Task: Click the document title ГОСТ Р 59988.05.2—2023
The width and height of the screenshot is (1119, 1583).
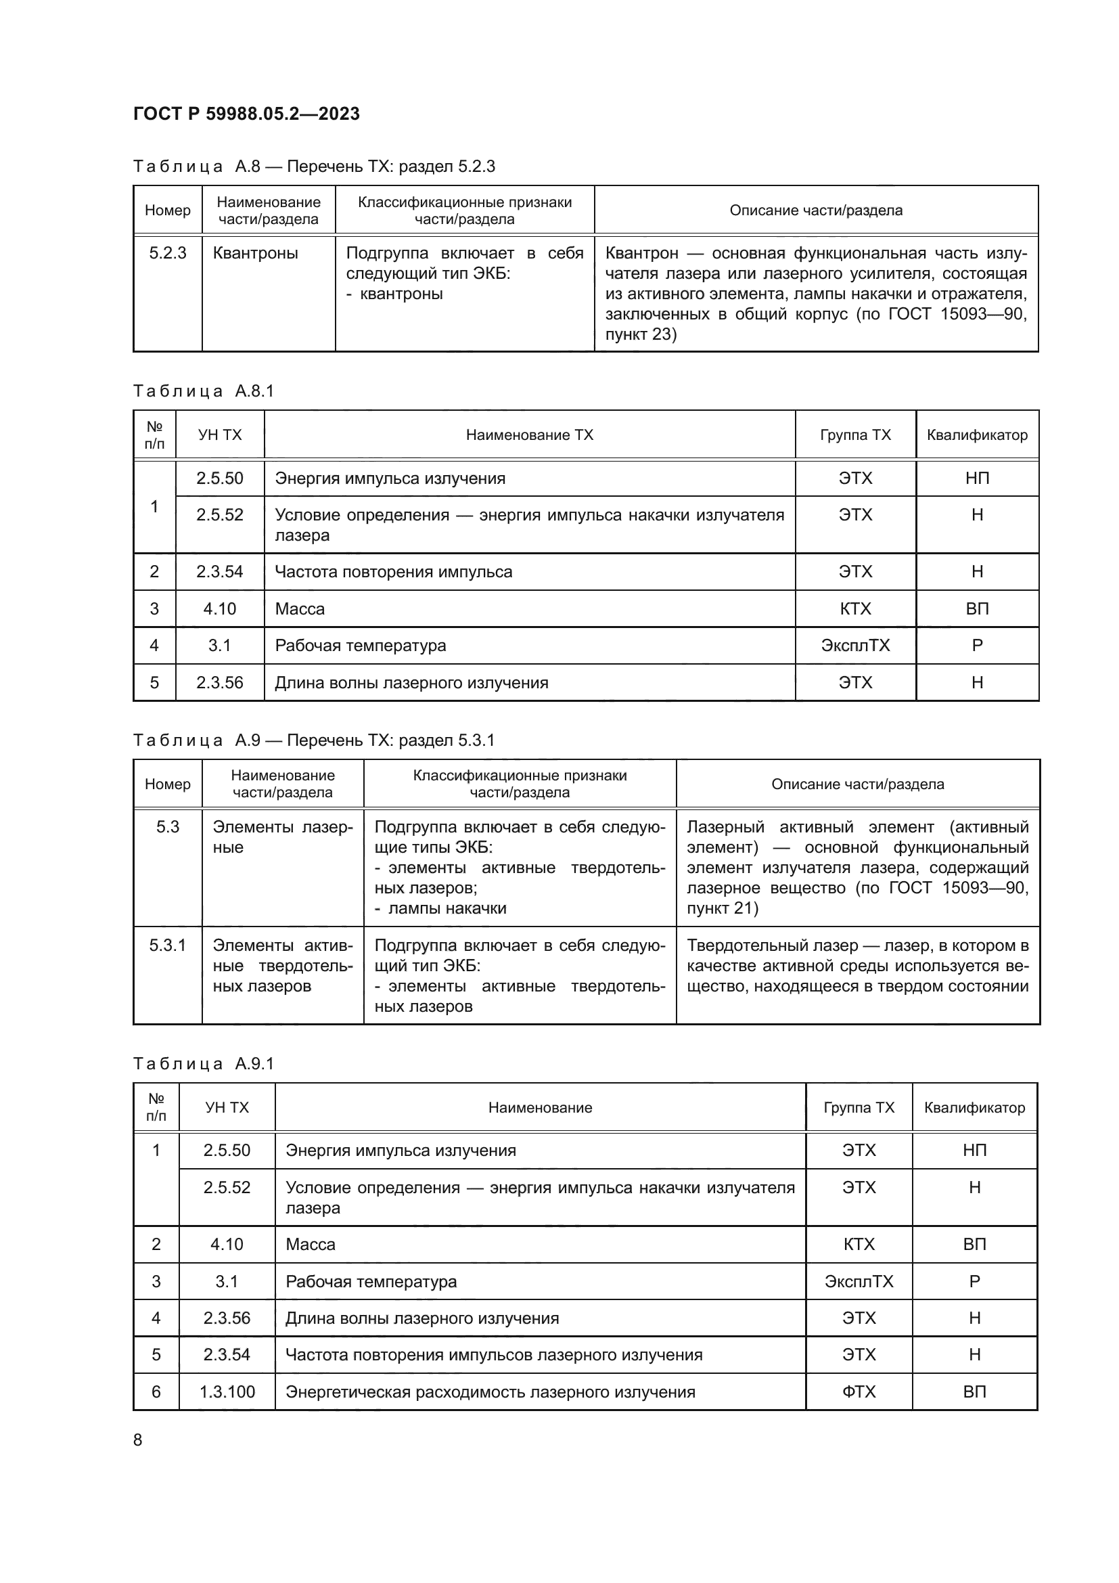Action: [x=246, y=114]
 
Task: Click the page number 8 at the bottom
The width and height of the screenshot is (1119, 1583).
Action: [x=138, y=1440]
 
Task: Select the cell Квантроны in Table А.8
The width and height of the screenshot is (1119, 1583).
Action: [x=255, y=253]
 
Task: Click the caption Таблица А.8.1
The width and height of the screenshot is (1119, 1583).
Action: [x=203, y=391]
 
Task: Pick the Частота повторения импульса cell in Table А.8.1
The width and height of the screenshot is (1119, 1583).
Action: [x=394, y=572]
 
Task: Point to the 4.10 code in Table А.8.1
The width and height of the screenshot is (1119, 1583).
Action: [x=219, y=609]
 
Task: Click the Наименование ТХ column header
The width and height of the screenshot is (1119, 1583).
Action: [x=529, y=435]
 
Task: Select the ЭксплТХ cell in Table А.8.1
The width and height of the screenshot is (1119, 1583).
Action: [x=855, y=646]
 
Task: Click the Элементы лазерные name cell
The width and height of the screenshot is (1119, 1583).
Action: [x=283, y=837]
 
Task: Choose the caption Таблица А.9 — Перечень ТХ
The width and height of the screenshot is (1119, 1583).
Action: [x=313, y=740]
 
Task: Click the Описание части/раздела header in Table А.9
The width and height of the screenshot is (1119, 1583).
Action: [x=857, y=784]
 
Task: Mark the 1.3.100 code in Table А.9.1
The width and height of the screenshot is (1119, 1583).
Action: [x=227, y=1391]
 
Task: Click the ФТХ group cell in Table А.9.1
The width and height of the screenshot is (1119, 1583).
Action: [x=859, y=1391]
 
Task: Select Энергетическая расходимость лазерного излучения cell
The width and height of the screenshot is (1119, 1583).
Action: [x=490, y=1391]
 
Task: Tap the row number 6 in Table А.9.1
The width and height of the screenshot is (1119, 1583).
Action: [x=156, y=1391]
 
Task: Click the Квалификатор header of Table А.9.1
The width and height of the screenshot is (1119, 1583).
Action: [x=974, y=1107]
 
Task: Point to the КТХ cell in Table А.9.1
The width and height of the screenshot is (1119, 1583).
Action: [x=859, y=1244]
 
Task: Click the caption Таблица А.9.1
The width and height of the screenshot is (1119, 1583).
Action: [x=203, y=1064]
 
